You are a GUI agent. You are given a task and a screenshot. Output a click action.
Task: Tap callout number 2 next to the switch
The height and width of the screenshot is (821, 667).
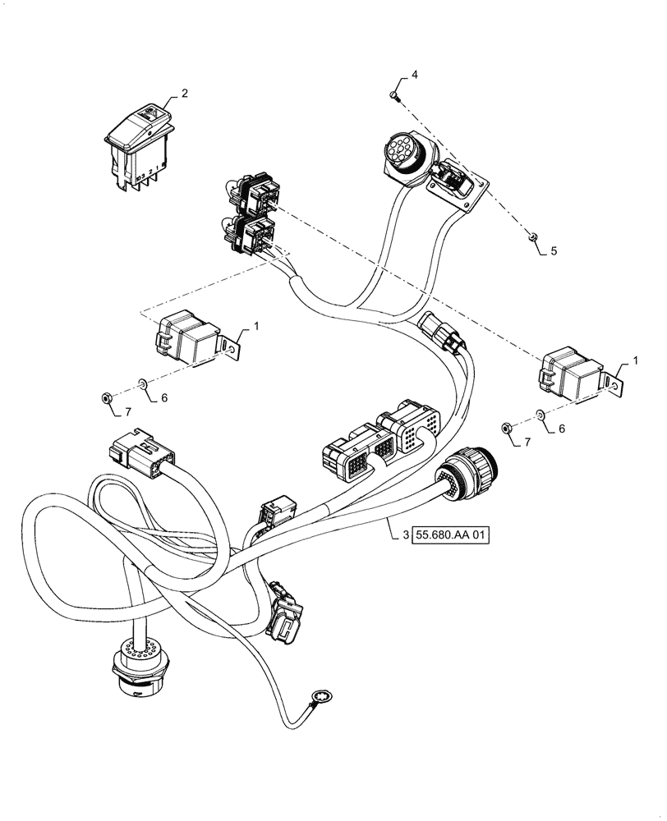pyautogui.click(x=184, y=94)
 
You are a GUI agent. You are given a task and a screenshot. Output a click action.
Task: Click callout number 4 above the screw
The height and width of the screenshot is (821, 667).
pyautogui.click(x=414, y=76)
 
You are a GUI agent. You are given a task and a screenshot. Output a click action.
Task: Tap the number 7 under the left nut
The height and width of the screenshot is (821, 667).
pyautogui.click(x=127, y=411)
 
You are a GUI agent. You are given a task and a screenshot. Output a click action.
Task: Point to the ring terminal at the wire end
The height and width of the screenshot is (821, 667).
pyautogui.click(x=315, y=701)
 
